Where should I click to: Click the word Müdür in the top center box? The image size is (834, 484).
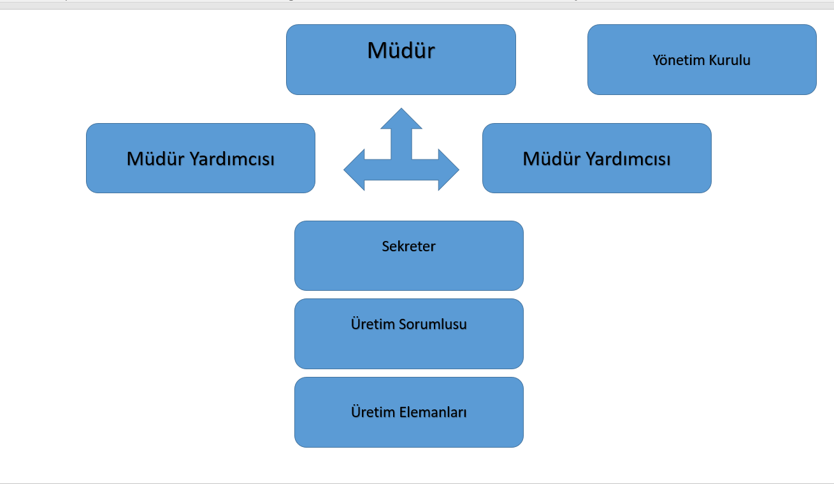click(401, 50)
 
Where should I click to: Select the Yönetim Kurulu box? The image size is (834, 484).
click(702, 59)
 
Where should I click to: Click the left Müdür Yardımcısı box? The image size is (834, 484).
click(201, 158)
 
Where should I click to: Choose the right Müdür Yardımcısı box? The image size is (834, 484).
click(597, 158)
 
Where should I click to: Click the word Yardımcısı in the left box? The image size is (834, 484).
click(233, 159)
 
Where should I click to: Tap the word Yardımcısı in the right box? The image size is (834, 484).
click(628, 159)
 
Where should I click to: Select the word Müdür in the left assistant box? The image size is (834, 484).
click(155, 159)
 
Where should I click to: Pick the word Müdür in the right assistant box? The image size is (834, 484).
click(552, 159)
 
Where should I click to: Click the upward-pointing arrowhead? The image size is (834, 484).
click(401, 119)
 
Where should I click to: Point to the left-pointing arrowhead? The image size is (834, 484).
click(354, 170)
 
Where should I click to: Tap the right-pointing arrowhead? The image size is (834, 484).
click(449, 170)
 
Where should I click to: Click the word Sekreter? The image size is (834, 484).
click(408, 246)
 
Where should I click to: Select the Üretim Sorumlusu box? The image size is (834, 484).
click(409, 334)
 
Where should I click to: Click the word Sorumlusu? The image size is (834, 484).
click(433, 324)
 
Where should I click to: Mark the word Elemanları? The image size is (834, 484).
click(433, 412)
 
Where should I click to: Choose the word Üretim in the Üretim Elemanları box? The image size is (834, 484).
click(373, 412)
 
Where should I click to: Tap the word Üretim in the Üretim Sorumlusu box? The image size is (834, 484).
click(373, 324)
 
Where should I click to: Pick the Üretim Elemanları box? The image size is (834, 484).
click(409, 412)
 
